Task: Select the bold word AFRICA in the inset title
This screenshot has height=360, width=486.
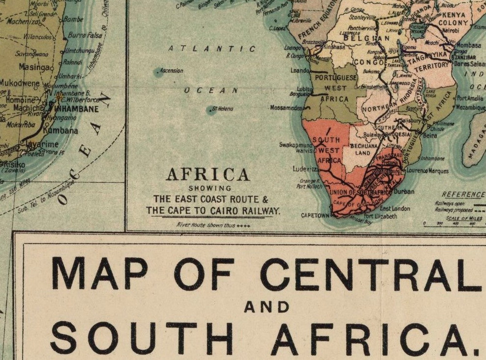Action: tap(208, 175)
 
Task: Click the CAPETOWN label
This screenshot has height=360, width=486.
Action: tap(315, 215)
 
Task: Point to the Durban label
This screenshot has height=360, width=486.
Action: tap(404, 192)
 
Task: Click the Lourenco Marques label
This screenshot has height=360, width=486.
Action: tap(428, 171)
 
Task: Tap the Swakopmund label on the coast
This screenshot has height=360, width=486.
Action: tap(295, 145)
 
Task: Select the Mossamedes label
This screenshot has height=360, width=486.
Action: tap(286, 108)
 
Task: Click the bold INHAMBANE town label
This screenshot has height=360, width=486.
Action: tap(77, 109)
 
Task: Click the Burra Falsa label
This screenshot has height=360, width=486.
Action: tap(85, 35)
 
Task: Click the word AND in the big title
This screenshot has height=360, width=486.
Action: tap(267, 307)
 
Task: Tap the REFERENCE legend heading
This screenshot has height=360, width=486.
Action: tap(463, 195)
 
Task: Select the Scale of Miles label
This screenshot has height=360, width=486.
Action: tap(464, 218)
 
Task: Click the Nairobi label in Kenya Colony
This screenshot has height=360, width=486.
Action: tap(451, 31)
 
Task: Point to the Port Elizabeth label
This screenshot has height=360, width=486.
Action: tap(380, 216)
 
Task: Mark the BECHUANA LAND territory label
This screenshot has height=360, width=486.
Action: tap(363, 149)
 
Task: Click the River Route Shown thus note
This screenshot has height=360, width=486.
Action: tap(213, 225)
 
